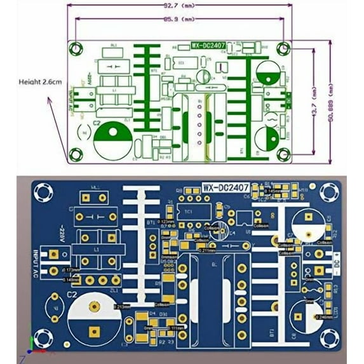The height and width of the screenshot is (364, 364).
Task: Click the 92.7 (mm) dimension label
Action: pyautogui.click(x=179, y=5)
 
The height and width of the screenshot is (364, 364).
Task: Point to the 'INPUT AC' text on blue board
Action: pyautogui.click(x=44, y=262)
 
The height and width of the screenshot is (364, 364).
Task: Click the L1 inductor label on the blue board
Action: pyautogui.click(x=97, y=251)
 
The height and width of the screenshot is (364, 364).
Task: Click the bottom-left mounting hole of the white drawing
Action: pyautogui.click(x=76, y=152)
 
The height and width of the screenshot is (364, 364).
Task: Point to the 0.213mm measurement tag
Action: pyautogui.click(x=123, y=306)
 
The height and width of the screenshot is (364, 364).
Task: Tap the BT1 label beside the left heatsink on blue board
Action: pyautogui.click(x=151, y=223)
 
